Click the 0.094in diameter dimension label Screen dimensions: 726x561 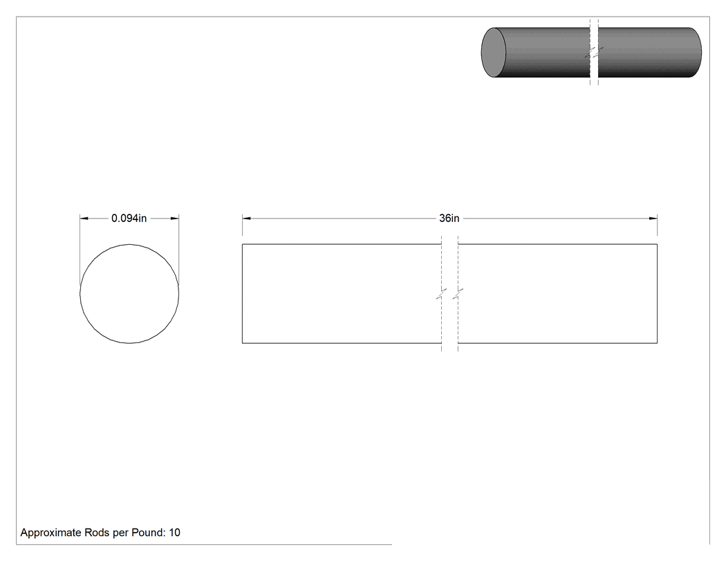tap(129, 218)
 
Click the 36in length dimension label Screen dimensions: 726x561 tap(449, 218)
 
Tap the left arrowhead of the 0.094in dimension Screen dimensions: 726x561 tap(84, 218)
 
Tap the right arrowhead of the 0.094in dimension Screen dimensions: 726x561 tap(174, 218)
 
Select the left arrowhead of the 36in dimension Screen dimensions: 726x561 tap(246, 218)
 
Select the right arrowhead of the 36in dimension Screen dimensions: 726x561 tap(653, 218)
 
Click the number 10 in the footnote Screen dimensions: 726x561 tap(174, 532)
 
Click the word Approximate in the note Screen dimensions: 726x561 tap(51, 533)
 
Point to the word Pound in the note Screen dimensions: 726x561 tap(148, 532)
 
